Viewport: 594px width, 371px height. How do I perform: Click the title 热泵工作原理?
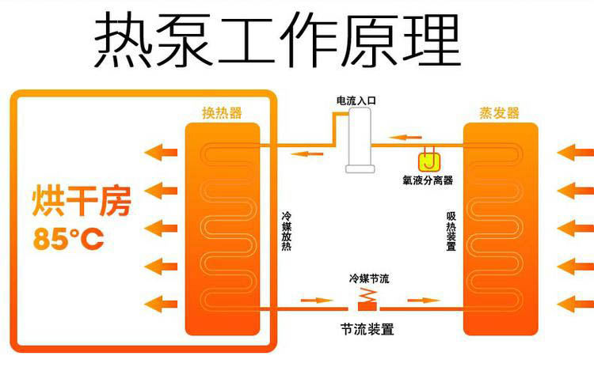click(277, 40)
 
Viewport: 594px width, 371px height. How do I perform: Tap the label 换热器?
click(222, 113)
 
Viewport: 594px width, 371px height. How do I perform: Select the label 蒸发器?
click(500, 113)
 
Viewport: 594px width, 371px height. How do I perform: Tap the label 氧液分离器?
click(428, 180)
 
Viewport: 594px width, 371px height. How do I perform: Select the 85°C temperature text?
click(69, 239)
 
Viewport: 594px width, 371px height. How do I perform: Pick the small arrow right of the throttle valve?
click(422, 301)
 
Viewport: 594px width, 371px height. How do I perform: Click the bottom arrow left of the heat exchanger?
click(160, 302)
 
